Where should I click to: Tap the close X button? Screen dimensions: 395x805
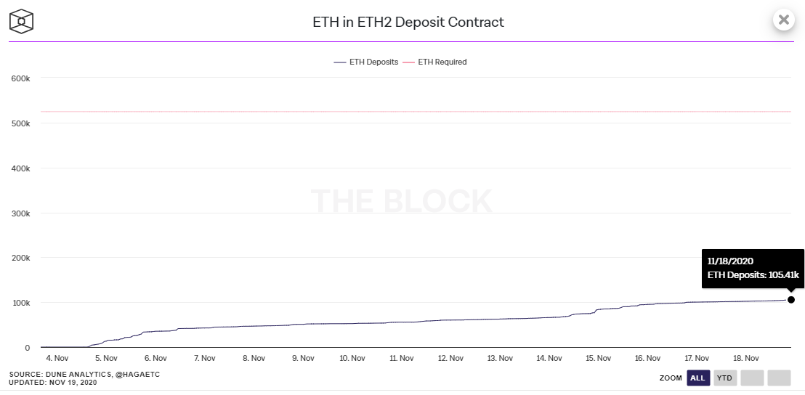coord(783,20)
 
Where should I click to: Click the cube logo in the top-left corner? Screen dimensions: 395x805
coord(22,21)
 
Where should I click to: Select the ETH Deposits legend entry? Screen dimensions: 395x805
coord(366,62)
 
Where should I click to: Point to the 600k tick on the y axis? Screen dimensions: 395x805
coord(20,78)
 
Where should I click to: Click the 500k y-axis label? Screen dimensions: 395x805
coord(20,123)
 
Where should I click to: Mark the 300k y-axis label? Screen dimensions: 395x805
coord(20,213)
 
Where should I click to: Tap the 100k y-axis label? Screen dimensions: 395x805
coord(20,303)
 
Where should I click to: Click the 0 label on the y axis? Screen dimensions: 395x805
coord(26,348)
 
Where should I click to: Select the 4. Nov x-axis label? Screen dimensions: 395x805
coord(57,358)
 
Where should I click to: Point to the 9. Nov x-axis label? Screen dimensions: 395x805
coord(302,358)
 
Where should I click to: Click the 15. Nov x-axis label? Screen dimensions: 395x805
coord(598,358)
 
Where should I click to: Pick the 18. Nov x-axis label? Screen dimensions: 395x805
coord(746,358)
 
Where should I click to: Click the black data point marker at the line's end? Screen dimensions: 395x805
coord(790,300)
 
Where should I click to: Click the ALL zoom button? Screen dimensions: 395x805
coord(697,378)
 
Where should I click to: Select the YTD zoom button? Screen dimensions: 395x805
coord(724,378)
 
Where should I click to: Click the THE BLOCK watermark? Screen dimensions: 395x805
coord(402,200)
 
